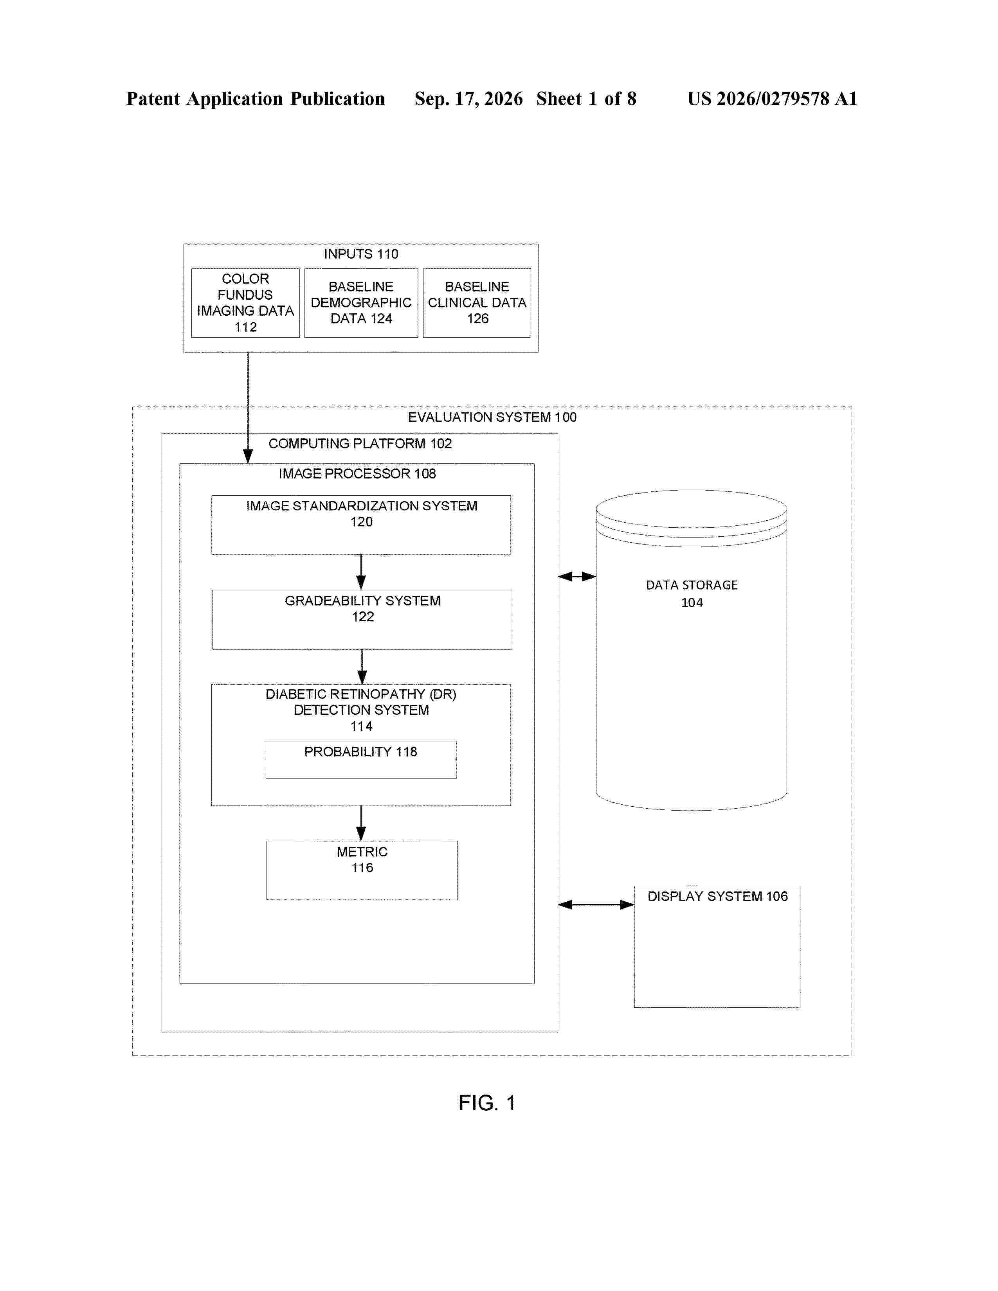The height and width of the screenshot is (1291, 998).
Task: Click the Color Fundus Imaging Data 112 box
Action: [x=245, y=303]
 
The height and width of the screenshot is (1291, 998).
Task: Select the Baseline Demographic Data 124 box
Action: [x=361, y=303]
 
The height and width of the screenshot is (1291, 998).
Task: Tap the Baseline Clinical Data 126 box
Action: [x=477, y=303]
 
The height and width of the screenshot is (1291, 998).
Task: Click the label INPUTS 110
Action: [x=361, y=254]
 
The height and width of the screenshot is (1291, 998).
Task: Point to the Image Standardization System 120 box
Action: [x=361, y=525]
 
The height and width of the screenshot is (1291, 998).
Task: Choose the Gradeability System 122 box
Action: [x=362, y=620]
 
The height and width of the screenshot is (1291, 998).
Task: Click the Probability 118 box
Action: [x=361, y=760]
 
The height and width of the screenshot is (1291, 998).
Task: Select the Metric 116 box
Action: [x=362, y=870]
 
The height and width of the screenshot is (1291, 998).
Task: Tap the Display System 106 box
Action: [x=717, y=946]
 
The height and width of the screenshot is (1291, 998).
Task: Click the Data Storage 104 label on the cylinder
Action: [x=692, y=593]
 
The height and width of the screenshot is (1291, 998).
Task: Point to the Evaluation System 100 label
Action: [x=492, y=417]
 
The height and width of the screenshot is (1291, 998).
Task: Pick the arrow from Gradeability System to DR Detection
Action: [x=362, y=667]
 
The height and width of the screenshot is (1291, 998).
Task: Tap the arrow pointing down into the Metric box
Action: [x=361, y=823]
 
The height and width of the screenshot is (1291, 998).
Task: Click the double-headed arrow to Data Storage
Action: [x=577, y=576]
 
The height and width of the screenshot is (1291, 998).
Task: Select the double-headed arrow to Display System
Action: [x=596, y=904]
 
